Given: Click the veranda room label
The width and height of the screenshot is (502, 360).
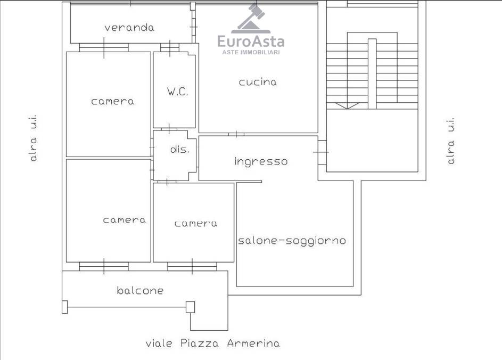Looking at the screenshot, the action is click(129, 28).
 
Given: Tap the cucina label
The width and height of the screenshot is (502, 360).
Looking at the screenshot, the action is click(258, 82).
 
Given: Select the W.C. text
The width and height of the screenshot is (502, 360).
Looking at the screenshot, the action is click(178, 92).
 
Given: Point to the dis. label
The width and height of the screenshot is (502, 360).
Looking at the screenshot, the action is click(179, 149).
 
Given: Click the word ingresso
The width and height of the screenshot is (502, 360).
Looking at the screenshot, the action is click(261, 161).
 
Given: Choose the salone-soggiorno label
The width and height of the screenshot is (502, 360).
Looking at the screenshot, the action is click(292, 241).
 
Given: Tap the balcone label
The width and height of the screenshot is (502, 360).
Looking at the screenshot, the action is click(140, 290).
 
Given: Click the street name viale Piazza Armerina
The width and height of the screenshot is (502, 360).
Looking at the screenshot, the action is click(212, 343).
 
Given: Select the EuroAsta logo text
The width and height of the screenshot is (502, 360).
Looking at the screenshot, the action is click(251, 42).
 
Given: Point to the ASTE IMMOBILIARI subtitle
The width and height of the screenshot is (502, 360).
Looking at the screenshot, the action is click(251, 52).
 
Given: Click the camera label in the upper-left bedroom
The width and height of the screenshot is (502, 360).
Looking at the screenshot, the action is click(112, 102).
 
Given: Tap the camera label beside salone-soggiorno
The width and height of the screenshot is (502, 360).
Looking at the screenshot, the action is click(196, 223).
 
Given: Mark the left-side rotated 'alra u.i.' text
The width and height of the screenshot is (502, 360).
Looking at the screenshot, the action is click(34, 138).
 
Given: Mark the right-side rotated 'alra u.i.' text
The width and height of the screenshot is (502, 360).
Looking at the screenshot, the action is click(450, 141).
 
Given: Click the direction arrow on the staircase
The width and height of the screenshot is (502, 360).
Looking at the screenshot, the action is click(347, 105).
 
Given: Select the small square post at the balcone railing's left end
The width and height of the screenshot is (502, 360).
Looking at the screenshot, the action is click(64, 307).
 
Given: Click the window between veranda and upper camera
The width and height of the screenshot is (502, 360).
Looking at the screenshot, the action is click(104, 47).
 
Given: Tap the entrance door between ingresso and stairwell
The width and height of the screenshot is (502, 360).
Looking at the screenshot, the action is click(322, 152).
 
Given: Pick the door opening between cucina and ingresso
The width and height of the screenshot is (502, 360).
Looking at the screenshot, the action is click(236, 134).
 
